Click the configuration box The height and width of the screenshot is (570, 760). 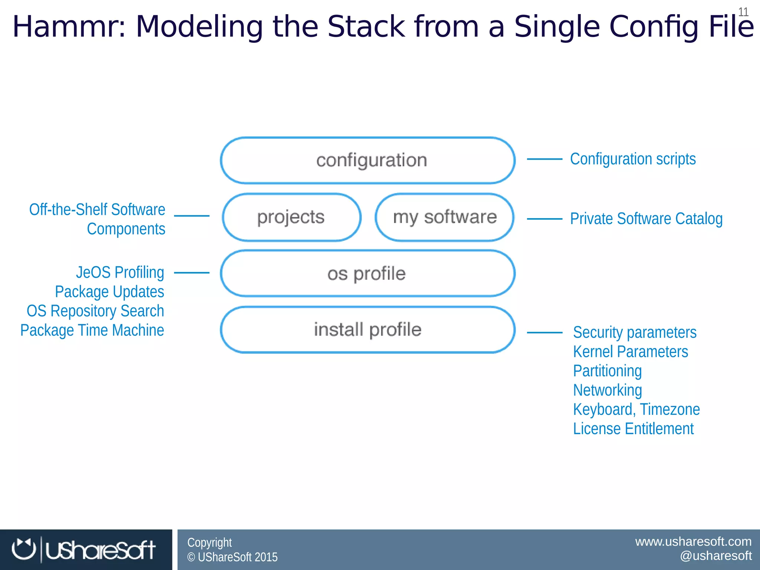pos(367,160)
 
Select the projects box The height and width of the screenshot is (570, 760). pos(292,217)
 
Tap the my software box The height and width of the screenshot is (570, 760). pos(445,217)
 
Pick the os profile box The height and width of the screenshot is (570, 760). pos(367,273)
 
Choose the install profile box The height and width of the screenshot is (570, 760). pos(367,330)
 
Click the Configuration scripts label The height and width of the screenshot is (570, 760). pos(633,159)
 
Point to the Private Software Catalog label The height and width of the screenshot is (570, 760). pos(646,219)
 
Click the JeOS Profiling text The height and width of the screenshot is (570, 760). pos(120,272)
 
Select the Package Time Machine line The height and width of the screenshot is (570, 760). pos(92,330)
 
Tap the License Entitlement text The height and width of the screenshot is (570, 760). pos(633,429)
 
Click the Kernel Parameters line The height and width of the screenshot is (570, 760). pos(630,351)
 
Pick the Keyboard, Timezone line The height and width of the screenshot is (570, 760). pos(636,409)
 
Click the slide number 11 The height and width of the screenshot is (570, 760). pos(743,12)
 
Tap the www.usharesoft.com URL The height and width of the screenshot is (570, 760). pos(693,541)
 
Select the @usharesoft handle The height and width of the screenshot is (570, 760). pos(715,556)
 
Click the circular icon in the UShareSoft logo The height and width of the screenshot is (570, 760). pos(24,549)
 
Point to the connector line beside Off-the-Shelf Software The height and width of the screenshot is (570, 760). pos(191,216)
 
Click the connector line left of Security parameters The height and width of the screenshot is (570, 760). pos(544,332)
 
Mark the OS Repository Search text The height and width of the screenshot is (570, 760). pos(95,311)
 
